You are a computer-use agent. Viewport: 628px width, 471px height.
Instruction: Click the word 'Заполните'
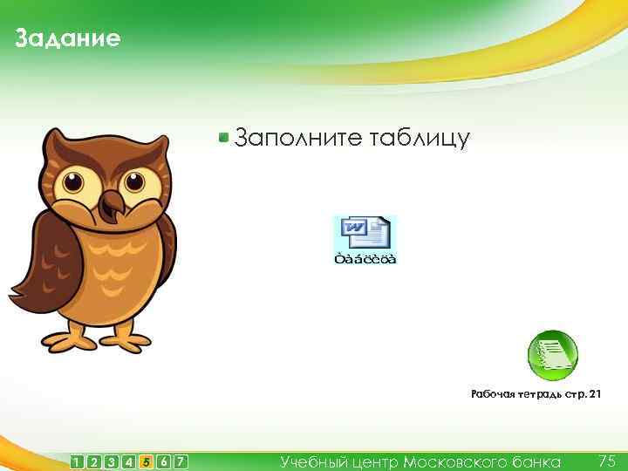coord(297,137)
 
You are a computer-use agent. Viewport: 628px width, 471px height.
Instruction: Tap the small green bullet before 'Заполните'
coord(224,137)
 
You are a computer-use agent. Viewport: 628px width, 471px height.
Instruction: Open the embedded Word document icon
coord(365,233)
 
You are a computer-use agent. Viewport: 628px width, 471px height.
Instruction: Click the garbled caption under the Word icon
coord(365,259)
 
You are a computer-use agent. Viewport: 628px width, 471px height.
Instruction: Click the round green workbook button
coord(553,354)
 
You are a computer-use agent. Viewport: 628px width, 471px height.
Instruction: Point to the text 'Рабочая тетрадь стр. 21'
coord(536,395)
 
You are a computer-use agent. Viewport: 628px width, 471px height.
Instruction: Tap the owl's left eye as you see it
coord(75,184)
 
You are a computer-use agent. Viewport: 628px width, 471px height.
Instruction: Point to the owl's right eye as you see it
coord(133,183)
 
